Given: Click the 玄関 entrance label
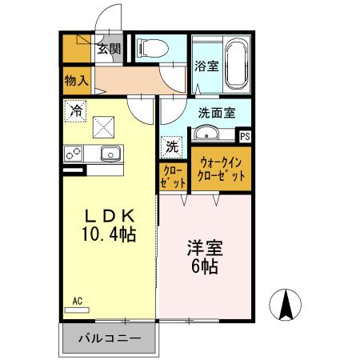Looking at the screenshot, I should [109, 50].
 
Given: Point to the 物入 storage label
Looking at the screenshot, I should [77, 80].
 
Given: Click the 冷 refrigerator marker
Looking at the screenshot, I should [76, 110].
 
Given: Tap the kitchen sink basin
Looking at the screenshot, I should [106, 153].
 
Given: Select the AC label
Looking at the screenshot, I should [78, 301].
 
